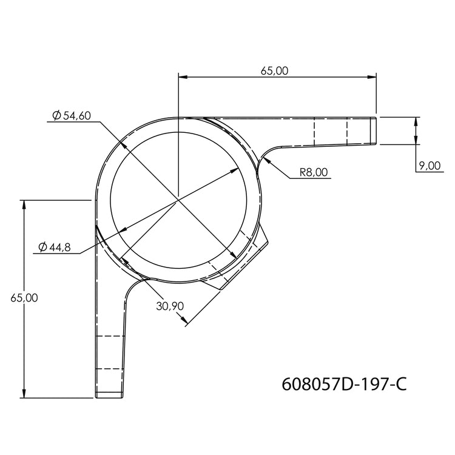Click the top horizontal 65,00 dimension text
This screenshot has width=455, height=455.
pos(274,70)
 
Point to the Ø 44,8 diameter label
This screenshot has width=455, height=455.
pos(54,247)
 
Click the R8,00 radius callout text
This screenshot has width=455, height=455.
pos(314,172)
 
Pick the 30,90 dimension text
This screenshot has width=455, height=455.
pos(169,306)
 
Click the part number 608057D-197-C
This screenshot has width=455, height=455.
pos(343,384)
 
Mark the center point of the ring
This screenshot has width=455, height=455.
pos(178,198)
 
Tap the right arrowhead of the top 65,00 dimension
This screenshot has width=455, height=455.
pos(372,77)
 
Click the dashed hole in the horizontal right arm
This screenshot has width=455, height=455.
pos(330,130)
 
